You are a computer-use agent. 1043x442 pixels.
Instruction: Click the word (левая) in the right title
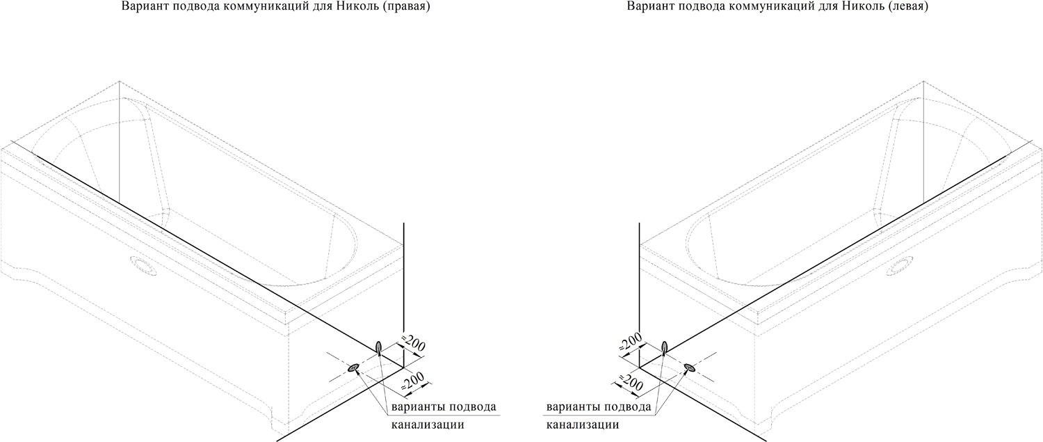click(x=904, y=6)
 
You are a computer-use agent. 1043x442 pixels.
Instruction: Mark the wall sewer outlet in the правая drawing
click(x=379, y=347)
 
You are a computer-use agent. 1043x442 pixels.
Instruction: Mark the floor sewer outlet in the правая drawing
click(x=353, y=368)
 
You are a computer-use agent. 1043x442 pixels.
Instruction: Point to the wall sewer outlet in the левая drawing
click(x=664, y=347)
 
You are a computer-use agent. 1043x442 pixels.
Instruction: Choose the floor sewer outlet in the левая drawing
click(x=690, y=368)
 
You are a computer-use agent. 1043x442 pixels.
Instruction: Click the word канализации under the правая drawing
click(x=428, y=425)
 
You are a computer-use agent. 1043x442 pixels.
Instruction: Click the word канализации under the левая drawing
click(x=583, y=425)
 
